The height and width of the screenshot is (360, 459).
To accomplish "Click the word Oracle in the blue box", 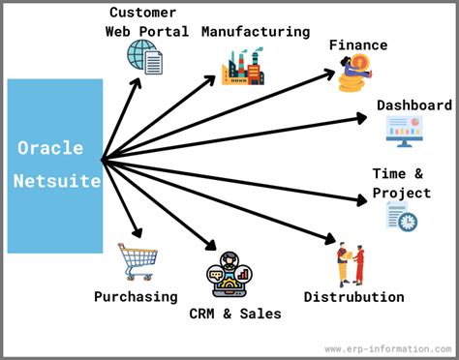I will [50, 148].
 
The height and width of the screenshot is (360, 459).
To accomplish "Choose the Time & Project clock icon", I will [402, 217].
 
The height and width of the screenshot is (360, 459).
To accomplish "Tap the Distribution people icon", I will [351, 265].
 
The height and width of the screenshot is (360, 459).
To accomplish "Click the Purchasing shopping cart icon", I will [137, 261].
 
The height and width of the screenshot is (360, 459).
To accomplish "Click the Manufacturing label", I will [256, 31].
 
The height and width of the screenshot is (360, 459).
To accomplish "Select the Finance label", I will [357, 45].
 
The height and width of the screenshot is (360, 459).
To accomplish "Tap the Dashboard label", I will [414, 105].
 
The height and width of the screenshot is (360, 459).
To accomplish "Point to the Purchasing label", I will [136, 296].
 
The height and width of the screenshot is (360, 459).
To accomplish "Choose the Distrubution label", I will [353, 296].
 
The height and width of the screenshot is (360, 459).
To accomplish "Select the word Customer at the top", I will [142, 13].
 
